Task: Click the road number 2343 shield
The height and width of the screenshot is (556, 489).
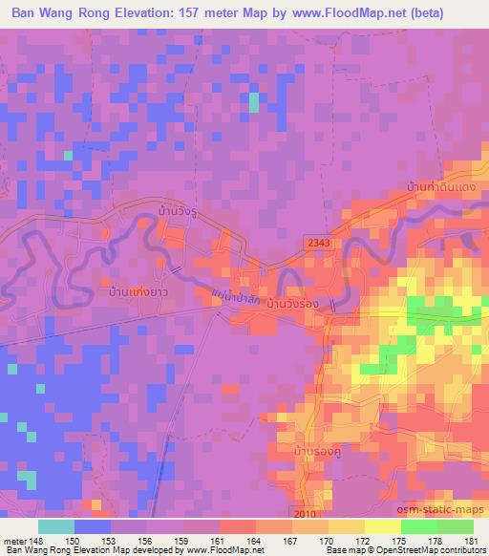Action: (319, 245)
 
